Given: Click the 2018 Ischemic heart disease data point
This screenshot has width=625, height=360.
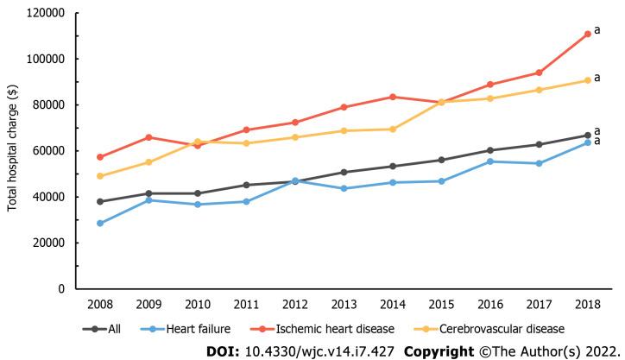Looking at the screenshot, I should click(x=587, y=34).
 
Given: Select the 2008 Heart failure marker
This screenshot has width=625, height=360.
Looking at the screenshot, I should click(x=100, y=223).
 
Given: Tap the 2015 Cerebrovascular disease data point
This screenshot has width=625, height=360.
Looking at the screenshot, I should click(x=441, y=102).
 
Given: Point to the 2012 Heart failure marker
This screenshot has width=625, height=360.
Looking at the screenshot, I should click(x=295, y=180).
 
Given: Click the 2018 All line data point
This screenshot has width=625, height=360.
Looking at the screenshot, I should click(x=587, y=135).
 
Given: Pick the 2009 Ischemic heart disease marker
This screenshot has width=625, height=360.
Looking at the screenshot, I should click(x=148, y=137).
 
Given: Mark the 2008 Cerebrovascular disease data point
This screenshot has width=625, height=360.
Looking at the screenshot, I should click(x=100, y=176).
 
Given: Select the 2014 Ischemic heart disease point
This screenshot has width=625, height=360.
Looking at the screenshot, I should click(x=393, y=97).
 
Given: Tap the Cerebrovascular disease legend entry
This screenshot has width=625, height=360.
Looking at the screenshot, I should click(x=502, y=329).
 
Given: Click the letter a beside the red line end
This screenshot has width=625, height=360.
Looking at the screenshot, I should click(x=597, y=30).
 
